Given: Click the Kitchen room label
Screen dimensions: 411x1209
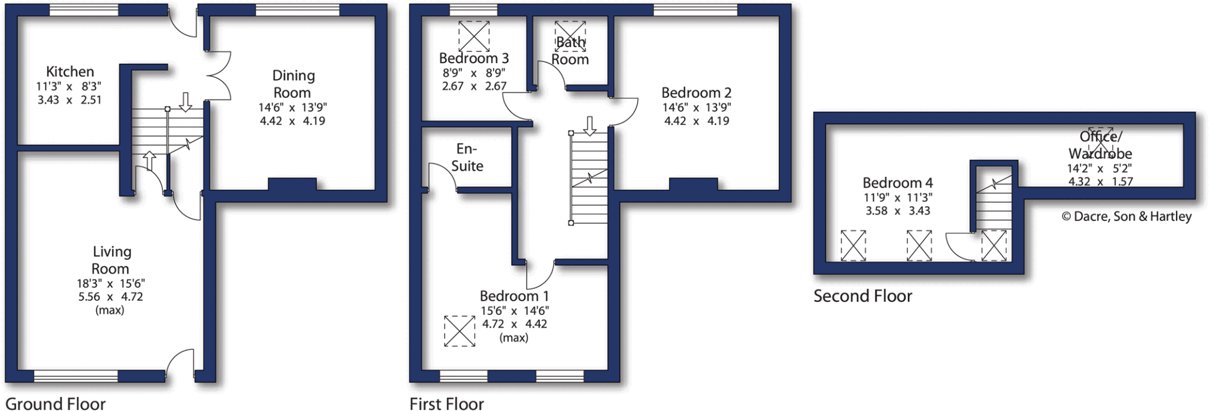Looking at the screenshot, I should click(x=70, y=72).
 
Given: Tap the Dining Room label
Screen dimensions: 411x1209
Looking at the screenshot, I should click(x=293, y=84).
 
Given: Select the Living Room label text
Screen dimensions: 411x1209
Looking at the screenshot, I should click(x=111, y=260).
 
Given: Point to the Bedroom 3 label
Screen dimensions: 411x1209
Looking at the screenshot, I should click(x=473, y=58).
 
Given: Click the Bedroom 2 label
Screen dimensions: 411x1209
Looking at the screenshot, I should click(x=696, y=93).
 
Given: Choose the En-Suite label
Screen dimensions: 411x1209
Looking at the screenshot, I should click(x=467, y=157).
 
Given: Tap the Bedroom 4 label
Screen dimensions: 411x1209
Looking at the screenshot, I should click(x=897, y=183).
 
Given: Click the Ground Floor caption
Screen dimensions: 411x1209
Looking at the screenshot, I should click(x=55, y=404).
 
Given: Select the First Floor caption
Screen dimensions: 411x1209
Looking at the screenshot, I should click(x=446, y=404).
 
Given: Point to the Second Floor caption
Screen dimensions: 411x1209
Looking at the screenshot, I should click(x=862, y=296).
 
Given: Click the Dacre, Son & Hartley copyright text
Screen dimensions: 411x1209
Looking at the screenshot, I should click(x=1126, y=216).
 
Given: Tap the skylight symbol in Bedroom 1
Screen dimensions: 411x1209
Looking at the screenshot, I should click(x=459, y=331).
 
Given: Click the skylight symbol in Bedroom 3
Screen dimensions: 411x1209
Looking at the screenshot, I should click(x=473, y=36).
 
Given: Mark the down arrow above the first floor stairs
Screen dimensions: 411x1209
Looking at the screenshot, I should click(x=589, y=126).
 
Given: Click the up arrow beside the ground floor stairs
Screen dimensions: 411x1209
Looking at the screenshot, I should click(x=149, y=160).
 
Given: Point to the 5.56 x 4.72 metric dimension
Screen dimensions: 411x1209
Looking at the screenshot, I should click(x=110, y=297).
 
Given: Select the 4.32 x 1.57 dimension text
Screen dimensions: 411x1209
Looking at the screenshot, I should click(x=1100, y=182).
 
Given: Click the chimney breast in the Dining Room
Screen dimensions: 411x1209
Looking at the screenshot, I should click(x=292, y=184).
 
